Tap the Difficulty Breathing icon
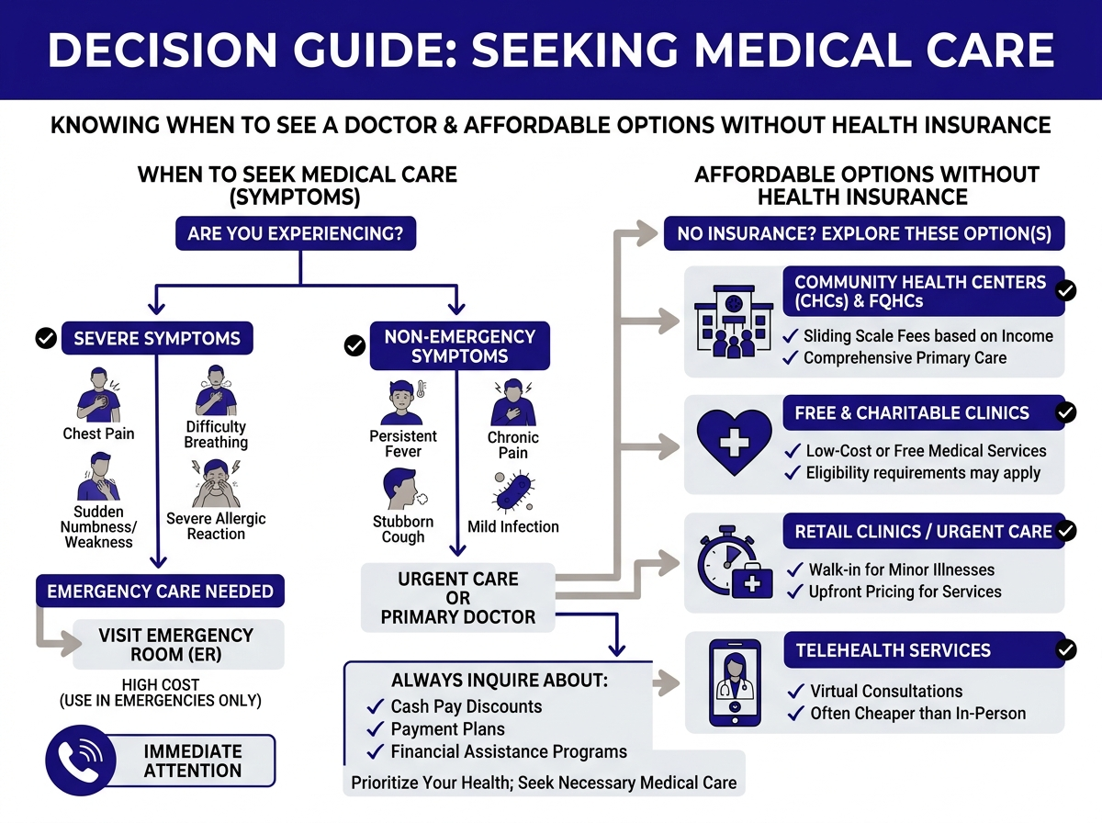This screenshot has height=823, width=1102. (216, 390)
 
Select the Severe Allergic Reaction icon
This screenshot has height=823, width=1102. (216, 484)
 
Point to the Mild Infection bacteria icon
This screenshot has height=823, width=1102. (512, 490)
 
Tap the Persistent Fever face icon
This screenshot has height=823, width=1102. (403, 402)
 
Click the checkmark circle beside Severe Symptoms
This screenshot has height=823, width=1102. (45, 338)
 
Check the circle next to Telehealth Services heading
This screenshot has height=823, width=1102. (1066, 650)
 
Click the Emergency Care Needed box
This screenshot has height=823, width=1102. (160, 592)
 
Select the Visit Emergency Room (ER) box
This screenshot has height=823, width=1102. (176, 645)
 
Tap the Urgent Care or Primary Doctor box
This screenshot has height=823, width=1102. (458, 597)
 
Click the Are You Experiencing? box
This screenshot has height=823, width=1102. (295, 233)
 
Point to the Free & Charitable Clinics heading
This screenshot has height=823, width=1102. (911, 412)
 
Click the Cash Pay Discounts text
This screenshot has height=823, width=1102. (467, 706)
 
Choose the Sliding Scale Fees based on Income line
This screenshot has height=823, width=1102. (928, 336)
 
